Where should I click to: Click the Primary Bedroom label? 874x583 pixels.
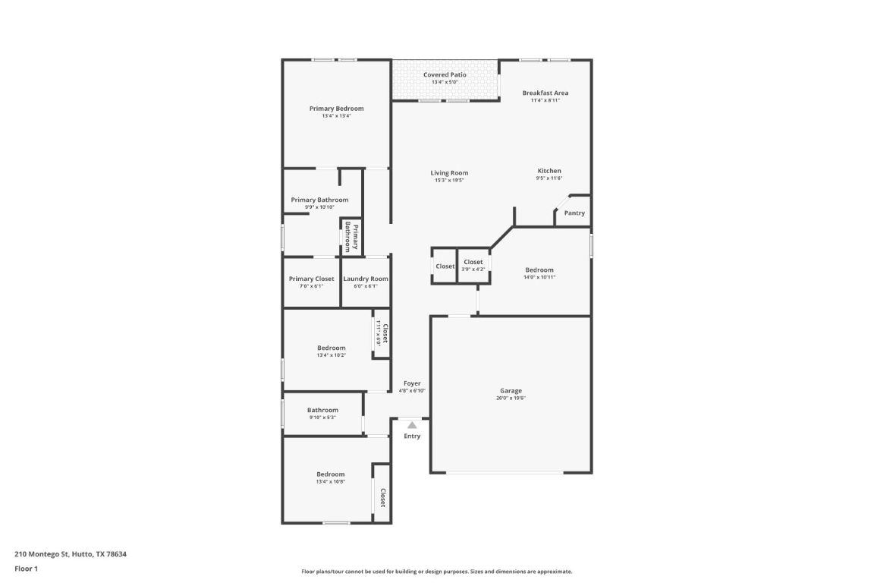pos(336,109)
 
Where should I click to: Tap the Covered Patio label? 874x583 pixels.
pos(445,74)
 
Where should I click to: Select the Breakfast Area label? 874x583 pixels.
pos(545,93)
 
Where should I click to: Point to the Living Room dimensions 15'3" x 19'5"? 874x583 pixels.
pos(449,181)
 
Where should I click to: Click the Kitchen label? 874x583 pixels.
pos(549,171)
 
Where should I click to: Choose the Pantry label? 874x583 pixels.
pos(574,213)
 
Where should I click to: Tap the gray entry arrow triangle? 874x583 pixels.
pos(412,425)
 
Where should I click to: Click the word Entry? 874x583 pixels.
pos(412,436)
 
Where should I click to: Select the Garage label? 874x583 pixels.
pos(511,391)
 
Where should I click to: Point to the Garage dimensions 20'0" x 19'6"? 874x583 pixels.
pos(511,399)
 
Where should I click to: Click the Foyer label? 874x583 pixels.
pos(412,383)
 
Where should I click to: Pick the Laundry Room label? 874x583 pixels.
pos(366,279)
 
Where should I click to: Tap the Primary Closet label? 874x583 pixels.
pos(311,279)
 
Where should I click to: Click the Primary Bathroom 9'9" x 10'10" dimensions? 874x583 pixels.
pos(319,207)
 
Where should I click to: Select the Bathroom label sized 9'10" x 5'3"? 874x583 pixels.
pos(322,410)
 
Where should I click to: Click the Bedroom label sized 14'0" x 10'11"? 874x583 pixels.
pos(539,269)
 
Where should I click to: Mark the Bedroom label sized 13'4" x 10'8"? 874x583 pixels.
pos(331,474)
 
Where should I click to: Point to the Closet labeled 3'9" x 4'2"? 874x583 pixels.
pos(473,262)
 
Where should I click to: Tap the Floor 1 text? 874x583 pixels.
pos(26,569)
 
